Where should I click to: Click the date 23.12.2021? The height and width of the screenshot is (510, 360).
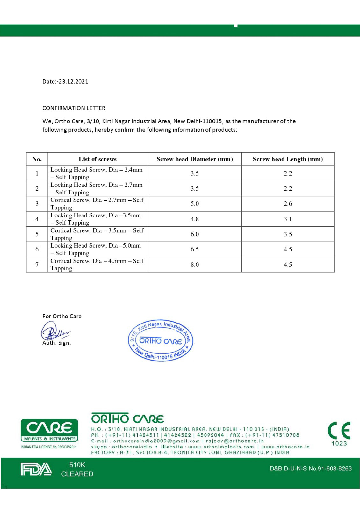[73, 81]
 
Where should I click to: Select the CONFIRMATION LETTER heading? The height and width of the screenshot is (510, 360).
[74, 108]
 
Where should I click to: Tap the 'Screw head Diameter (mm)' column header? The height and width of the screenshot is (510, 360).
[195, 159]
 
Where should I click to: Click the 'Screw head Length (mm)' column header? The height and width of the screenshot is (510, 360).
[288, 159]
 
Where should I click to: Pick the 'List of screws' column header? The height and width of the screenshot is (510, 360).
[97, 159]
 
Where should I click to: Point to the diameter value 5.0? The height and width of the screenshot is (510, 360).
[195, 204]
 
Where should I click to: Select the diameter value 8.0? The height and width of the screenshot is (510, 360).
[195, 265]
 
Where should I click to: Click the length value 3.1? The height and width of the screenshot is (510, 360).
[288, 219]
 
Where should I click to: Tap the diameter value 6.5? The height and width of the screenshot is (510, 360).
[195, 249]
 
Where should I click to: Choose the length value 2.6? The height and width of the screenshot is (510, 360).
[288, 204]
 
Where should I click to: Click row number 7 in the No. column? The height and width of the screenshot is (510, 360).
[37, 265]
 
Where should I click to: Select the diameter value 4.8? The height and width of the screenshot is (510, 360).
[195, 219]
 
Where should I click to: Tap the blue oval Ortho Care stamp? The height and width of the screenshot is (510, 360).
[161, 341]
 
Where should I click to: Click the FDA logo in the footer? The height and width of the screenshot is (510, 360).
[36, 469]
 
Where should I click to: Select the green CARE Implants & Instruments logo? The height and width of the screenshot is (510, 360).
[49, 430]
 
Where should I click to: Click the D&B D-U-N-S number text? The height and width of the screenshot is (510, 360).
[311, 469]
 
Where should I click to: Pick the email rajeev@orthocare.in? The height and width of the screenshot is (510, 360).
[235, 441]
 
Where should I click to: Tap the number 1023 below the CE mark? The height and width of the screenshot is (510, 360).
[339, 443]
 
